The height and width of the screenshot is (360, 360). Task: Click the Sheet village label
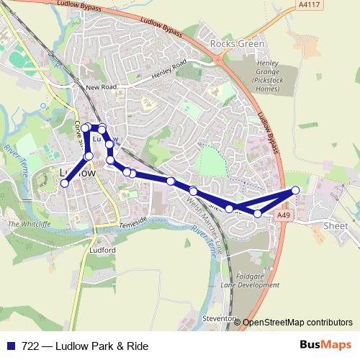pyautogui.click(x=337, y=225)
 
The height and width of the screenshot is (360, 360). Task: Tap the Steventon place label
pyautogui.click(x=219, y=318)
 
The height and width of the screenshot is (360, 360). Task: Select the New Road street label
pyautogui.click(x=101, y=87)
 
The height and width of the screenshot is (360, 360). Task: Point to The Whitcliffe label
pyautogui.click(x=27, y=224)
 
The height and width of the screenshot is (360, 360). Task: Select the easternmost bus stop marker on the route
pyautogui.click(x=295, y=190)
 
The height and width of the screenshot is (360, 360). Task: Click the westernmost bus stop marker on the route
pyautogui.click(x=64, y=184)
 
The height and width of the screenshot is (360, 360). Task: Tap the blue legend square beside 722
pyautogui.click(x=10, y=346)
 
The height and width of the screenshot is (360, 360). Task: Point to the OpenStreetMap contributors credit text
pyautogui.click(x=297, y=322)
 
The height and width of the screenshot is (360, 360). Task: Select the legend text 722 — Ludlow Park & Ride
pyautogui.click(x=85, y=346)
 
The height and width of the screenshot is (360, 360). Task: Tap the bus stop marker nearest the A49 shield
pyautogui.click(x=258, y=213)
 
